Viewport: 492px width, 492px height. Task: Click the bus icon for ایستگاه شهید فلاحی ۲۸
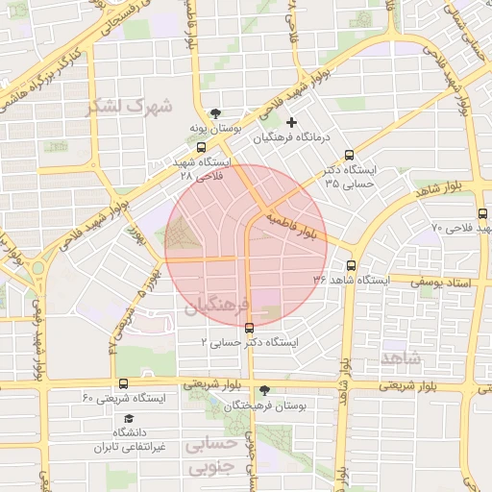(200, 147)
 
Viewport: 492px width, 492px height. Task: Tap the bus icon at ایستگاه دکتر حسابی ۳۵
(348, 154)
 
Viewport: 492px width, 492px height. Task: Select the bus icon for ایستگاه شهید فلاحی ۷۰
(481, 214)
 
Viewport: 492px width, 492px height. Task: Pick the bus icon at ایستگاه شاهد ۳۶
(349, 264)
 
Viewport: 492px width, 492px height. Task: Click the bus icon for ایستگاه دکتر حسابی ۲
(250, 328)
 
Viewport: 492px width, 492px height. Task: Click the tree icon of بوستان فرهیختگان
(264, 390)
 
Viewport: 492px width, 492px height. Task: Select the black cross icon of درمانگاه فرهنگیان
(292, 122)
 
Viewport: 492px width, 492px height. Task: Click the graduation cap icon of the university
(129, 419)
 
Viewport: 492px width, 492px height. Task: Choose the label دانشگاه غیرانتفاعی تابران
(131, 440)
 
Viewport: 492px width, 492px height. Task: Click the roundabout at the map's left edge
(38, 269)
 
